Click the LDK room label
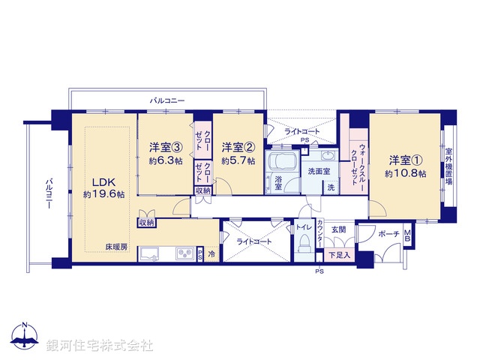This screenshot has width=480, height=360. pyautogui.click(x=103, y=181)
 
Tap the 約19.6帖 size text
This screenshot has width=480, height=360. pyautogui.click(x=103, y=194)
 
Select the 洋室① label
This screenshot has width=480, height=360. pyautogui.click(x=405, y=160)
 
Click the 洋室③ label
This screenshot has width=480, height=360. pyautogui.click(x=165, y=146)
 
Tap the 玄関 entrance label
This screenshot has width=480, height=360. pyautogui.click(x=338, y=229)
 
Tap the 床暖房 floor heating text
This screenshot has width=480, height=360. pyautogui.click(x=115, y=246)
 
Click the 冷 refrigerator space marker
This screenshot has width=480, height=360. pyautogui.click(x=211, y=254)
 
